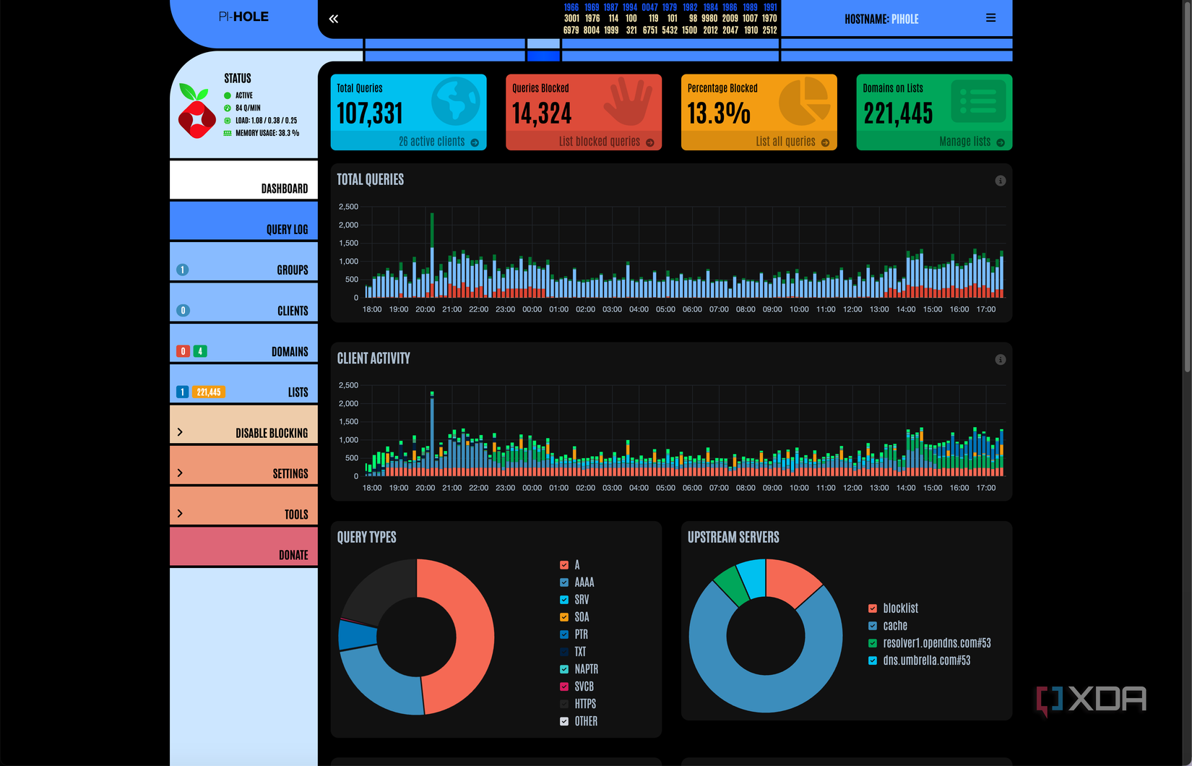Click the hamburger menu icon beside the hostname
[990, 18]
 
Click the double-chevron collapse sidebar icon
[334, 19]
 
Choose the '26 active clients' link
[432, 142]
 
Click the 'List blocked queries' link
[600, 142]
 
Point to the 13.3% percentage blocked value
[719, 113]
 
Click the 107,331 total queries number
[370, 113]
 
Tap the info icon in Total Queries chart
[1000, 181]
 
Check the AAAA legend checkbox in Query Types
[564, 582]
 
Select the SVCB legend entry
[584, 687]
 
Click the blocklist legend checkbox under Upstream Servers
[873, 608]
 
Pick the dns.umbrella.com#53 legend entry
[926, 660]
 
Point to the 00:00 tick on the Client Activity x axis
[532, 488]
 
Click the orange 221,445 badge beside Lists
[209, 392]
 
